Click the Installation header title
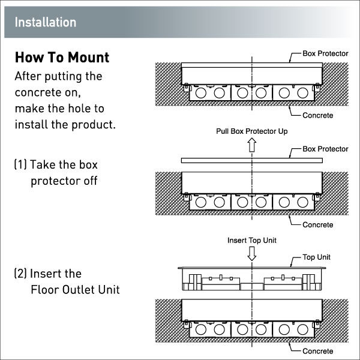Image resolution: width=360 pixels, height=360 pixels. pos(46,23)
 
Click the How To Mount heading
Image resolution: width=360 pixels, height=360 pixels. pos(62,58)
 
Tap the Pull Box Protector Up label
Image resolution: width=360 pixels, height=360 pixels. pos(252,130)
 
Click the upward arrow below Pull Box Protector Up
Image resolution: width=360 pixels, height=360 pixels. pos(252,144)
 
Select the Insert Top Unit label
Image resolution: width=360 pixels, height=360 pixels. pos(251,240)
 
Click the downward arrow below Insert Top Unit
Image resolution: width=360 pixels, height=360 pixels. pos(252,253)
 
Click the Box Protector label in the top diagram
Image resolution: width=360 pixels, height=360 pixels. pos(325,53)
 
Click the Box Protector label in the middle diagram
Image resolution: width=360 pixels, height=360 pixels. pos(325,149)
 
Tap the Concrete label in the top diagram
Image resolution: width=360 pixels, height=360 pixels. pos(317,115)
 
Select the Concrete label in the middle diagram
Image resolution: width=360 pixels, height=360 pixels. pos(317,224)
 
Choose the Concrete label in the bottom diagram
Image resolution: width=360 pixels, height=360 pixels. pos(317,350)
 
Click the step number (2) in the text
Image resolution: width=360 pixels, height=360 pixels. pos(20,274)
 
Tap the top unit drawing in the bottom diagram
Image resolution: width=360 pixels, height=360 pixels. pos(252,278)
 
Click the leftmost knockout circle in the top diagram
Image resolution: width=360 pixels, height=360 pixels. pos(201,94)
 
